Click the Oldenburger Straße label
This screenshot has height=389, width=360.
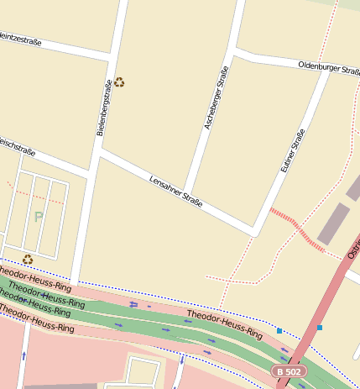point(328,67)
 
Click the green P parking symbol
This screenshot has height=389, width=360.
point(38,217)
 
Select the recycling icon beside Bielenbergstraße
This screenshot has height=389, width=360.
point(120,82)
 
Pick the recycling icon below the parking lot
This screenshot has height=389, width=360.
point(28,260)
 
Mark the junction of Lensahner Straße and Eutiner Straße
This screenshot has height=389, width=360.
point(254,231)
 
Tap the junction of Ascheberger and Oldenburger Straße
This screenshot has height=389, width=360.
point(234,51)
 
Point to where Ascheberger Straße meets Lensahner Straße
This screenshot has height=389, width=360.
point(189,198)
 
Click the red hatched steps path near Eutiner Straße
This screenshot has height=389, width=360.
point(296,228)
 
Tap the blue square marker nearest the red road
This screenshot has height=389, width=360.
point(319,328)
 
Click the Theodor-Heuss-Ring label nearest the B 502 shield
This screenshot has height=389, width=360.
point(224,324)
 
